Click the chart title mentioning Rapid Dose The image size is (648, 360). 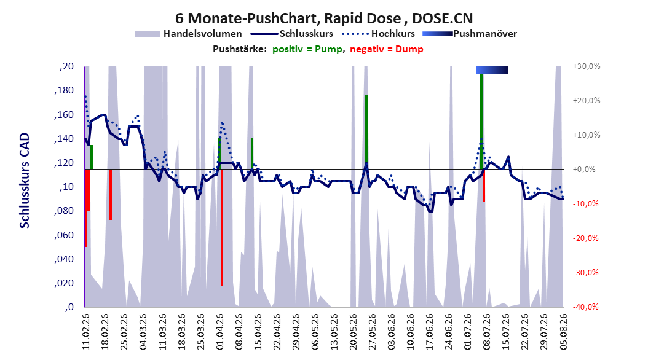coord(324,18)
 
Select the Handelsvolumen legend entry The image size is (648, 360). coord(189,34)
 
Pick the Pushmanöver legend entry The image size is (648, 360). coord(470,34)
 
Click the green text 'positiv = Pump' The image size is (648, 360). coord(307,49)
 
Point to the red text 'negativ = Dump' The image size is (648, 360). coord(387,49)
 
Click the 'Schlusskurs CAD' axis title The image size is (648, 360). coord(25,181)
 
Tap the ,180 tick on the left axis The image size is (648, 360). coord(64,90)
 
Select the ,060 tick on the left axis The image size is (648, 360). coord(64,235)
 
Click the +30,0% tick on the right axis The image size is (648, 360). coord(587,66)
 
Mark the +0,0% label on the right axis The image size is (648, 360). coord(584,170)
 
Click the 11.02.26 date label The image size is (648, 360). coord(86,332)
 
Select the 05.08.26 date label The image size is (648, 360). coord(564,332)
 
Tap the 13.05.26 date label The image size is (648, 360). coord(334,332)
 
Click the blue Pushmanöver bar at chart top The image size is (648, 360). coord(492,70)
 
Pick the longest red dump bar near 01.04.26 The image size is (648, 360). coord(222,227)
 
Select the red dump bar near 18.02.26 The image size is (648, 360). coord(110,195)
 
